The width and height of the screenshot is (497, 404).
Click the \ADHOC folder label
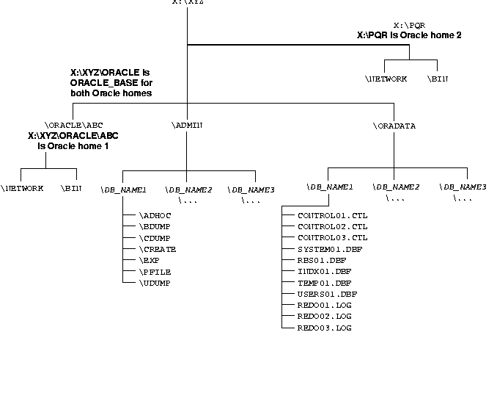coord(155,216)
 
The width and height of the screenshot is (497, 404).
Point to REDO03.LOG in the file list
coord(324,328)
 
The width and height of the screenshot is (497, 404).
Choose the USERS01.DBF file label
coord(327,294)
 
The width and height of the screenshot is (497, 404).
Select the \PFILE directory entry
coord(155,272)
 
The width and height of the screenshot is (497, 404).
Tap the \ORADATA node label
coord(394,126)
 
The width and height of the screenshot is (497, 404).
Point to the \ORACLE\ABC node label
coord(73,126)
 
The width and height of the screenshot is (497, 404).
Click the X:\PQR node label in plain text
coord(409,25)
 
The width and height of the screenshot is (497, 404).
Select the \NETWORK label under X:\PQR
coord(386,79)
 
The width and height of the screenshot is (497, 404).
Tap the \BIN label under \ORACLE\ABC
coord(71,188)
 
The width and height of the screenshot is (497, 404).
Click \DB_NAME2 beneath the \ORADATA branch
coord(396,187)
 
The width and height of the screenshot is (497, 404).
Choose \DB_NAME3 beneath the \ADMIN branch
coord(251,190)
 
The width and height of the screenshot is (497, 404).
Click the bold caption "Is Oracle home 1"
coord(73,146)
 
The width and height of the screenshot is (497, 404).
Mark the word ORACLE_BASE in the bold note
coord(96,83)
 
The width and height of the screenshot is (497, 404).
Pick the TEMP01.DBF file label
coord(324,283)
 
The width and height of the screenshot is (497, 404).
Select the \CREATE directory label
coord(157,249)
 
